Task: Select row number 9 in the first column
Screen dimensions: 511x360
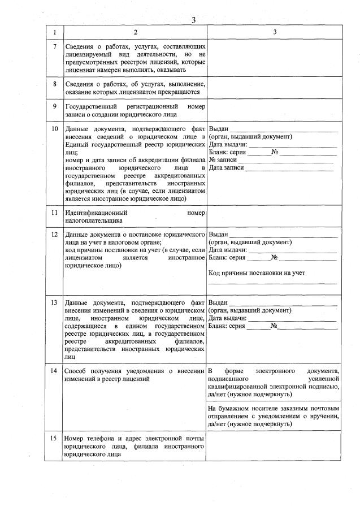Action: point(55,106)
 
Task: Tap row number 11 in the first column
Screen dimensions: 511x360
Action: point(55,213)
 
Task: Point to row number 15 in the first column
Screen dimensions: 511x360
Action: point(55,439)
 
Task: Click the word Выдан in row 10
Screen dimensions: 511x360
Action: point(218,129)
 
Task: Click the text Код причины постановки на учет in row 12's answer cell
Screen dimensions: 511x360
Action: point(257,273)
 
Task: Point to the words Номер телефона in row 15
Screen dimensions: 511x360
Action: point(87,439)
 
